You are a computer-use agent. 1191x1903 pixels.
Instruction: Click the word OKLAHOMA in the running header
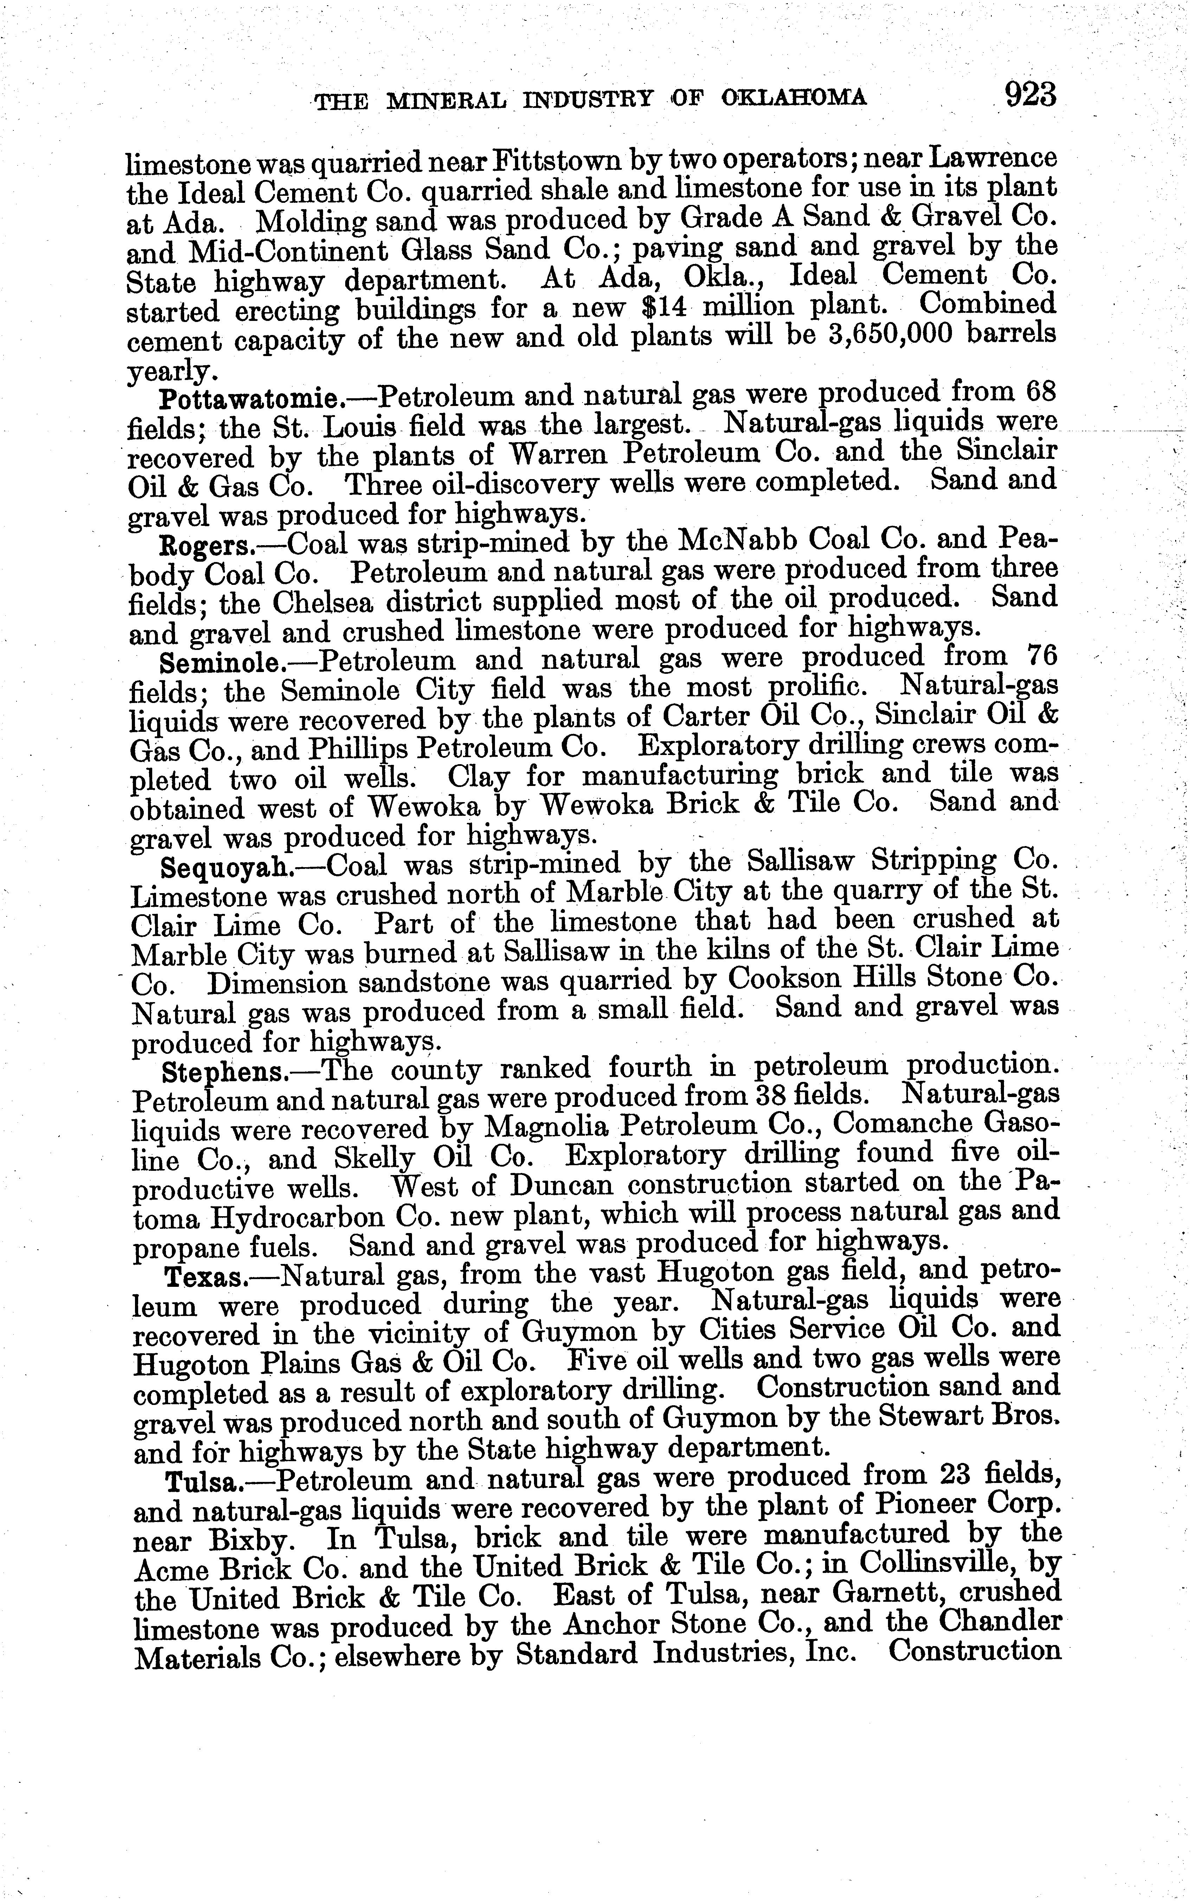pos(794,98)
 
